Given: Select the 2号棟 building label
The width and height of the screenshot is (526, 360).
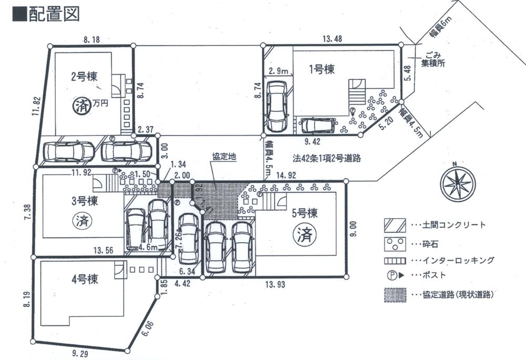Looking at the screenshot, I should [x=82, y=75].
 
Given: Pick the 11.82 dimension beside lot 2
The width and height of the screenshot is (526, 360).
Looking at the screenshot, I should [x=35, y=108].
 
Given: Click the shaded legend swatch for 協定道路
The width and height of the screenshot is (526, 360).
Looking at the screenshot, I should [x=394, y=295].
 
